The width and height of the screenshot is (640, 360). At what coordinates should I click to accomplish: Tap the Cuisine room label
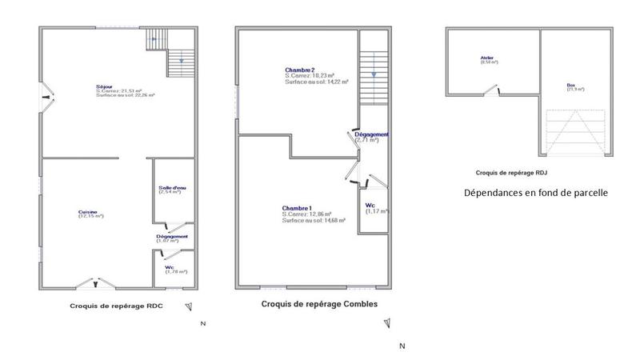pos(90,211)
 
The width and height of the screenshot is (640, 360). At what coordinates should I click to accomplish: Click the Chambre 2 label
pos(300,70)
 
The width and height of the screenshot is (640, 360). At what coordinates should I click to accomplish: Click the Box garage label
pos(570,85)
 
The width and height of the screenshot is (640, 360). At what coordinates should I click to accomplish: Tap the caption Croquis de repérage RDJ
pos(511,172)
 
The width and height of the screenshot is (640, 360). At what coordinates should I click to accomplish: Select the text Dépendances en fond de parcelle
pos(536,193)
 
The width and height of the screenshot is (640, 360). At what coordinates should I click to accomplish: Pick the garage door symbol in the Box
pos(573,133)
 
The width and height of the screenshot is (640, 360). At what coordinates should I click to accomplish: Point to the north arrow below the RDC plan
pos(189,306)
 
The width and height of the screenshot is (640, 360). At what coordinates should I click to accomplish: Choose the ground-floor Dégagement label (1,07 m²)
pos(172,238)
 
